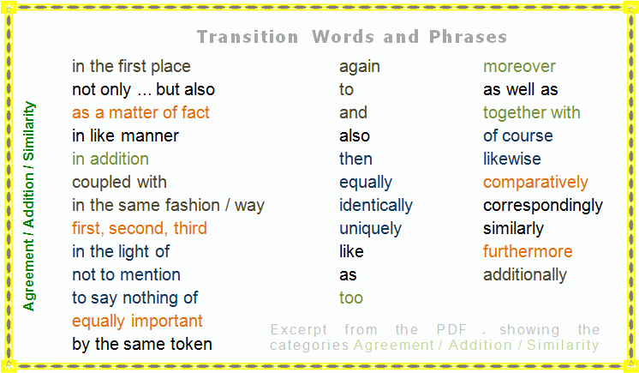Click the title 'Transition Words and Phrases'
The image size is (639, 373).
pyautogui.click(x=351, y=37)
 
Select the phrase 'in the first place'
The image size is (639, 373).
pyautogui.click(x=131, y=67)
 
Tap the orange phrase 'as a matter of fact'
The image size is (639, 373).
pyautogui.click(x=140, y=113)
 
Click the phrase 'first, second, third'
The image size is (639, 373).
pyautogui.click(x=139, y=229)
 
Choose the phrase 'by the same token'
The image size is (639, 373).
pyautogui.click(x=142, y=345)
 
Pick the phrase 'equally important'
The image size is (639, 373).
pyautogui.click(x=137, y=322)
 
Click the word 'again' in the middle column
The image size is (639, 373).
pyautogui.click(x=360, y=67)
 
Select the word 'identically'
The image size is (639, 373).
pyautogui.click(x=375, y=206)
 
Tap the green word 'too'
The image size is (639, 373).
pyautogui.click(x=351, y=298)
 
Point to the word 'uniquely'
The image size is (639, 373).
pyautogui.click(x=369, y=229)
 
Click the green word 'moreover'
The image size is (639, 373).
pyautogui.click(x=519, y=67)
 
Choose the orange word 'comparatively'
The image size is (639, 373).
pyautogui.click(x=535, y=183)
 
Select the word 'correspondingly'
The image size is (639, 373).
pyautogui.click(x=542, y=206)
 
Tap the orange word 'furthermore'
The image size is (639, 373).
pyautogui.click(x=528, y=252)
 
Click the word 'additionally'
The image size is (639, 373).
pyautogui.click(x=524, y=275)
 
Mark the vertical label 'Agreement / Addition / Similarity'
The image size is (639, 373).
pyautogui.click(x=30, y=206)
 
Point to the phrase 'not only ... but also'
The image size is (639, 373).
pyautogui.click(x=143, y=90)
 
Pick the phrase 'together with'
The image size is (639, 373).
pyautogui.click(x=531, y=113)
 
